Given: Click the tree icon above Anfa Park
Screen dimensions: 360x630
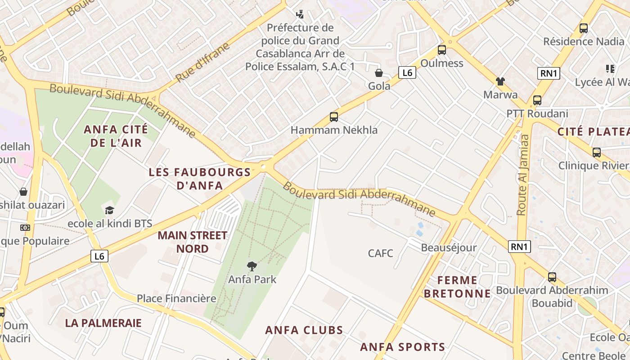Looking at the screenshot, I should (252, 266).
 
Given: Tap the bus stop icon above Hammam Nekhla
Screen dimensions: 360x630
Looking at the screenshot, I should (333, 117).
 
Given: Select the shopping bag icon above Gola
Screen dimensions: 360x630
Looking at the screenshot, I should (379, 72).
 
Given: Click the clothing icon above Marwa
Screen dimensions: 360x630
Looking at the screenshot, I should (500, 81).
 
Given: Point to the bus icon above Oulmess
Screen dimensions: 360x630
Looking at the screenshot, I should (441, 50).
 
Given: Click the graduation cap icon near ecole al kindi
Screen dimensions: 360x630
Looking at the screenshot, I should (109, 210).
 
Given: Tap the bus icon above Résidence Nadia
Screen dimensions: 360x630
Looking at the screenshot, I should (584, 28).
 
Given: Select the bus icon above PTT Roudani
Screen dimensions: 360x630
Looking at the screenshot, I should (537, 100).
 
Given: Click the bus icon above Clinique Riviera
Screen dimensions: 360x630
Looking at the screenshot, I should (596, 153).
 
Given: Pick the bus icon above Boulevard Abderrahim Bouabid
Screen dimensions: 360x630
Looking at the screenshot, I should (552, 277).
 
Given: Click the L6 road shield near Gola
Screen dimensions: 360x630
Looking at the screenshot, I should (407, 72).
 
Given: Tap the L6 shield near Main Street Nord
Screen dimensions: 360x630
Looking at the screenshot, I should (99, 256).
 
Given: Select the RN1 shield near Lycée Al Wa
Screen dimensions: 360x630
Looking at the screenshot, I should (549, 73).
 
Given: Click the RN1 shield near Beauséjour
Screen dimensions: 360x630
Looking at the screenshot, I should (519, 246).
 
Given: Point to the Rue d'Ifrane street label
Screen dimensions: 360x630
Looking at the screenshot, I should (202, 62).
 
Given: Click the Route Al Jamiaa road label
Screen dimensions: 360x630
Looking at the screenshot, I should (523, 175).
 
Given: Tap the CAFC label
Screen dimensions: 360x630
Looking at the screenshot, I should (380, 253).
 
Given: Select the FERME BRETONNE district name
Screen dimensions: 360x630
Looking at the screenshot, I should (457, 287).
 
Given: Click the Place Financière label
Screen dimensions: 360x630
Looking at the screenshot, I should (176, 298).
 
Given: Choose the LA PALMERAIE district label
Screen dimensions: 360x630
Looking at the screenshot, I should (103, 323).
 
